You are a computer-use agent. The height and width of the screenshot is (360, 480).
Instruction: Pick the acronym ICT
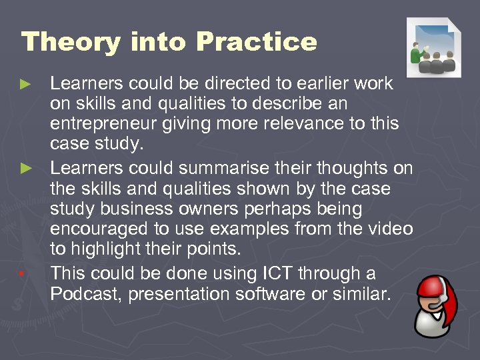click(x=267, y=273)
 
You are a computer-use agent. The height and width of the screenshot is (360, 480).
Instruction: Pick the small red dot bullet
click(x=23, y=274)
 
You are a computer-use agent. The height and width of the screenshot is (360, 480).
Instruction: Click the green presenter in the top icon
click(x=419, y=53)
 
